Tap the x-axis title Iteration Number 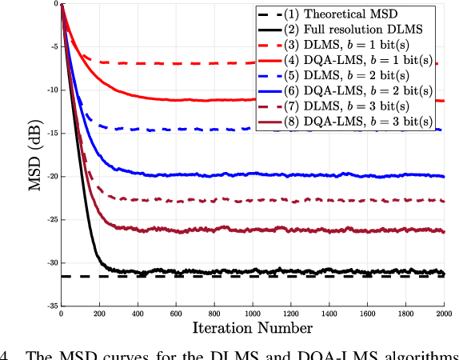(x=253, y=327)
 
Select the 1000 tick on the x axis (x=253, y=314)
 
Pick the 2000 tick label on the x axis (x=444, y=314)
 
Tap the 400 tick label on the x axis (x=138, y=314)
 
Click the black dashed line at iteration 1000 (x=253, y=276)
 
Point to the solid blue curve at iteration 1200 (x=291, y=174)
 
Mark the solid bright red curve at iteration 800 (x=214, y=100)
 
